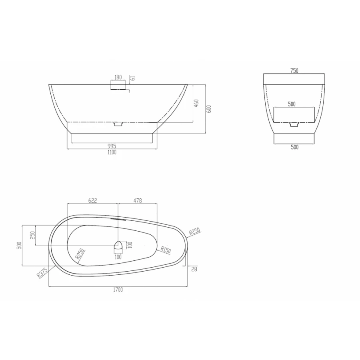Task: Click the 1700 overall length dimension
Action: (118, 290)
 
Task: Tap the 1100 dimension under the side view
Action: (112, 152)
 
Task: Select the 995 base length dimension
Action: (112, 146)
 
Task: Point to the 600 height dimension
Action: (209, 109)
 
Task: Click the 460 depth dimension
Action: (196, 103)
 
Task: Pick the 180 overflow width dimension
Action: (118, 77)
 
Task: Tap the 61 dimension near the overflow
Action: (133, 78)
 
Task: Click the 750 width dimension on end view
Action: (294, 71)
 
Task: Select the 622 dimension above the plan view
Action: (92, 200)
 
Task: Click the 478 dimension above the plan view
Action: (138, 200)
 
